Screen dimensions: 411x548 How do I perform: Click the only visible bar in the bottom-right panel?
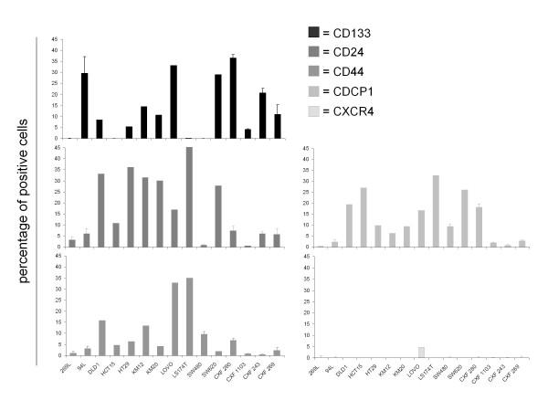click(x=395, y=352)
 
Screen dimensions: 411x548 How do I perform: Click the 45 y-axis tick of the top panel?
click(x=57, y=39)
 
